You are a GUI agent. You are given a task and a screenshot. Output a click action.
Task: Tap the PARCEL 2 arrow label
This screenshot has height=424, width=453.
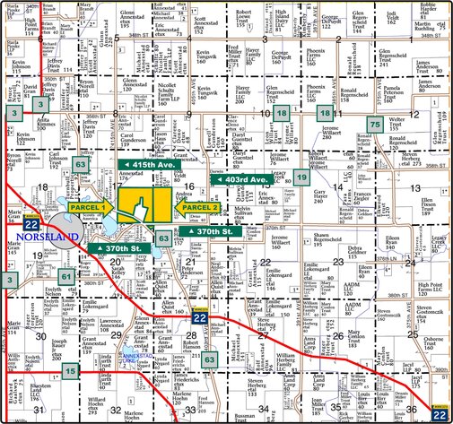(x=199, y=208)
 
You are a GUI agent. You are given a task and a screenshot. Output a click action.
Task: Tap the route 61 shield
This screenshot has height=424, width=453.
(x=67, y=278)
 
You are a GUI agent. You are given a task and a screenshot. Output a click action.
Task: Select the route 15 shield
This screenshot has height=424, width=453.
(x=71, y=369)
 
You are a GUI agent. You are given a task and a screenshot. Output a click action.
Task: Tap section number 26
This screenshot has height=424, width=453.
(x=337, y=335)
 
